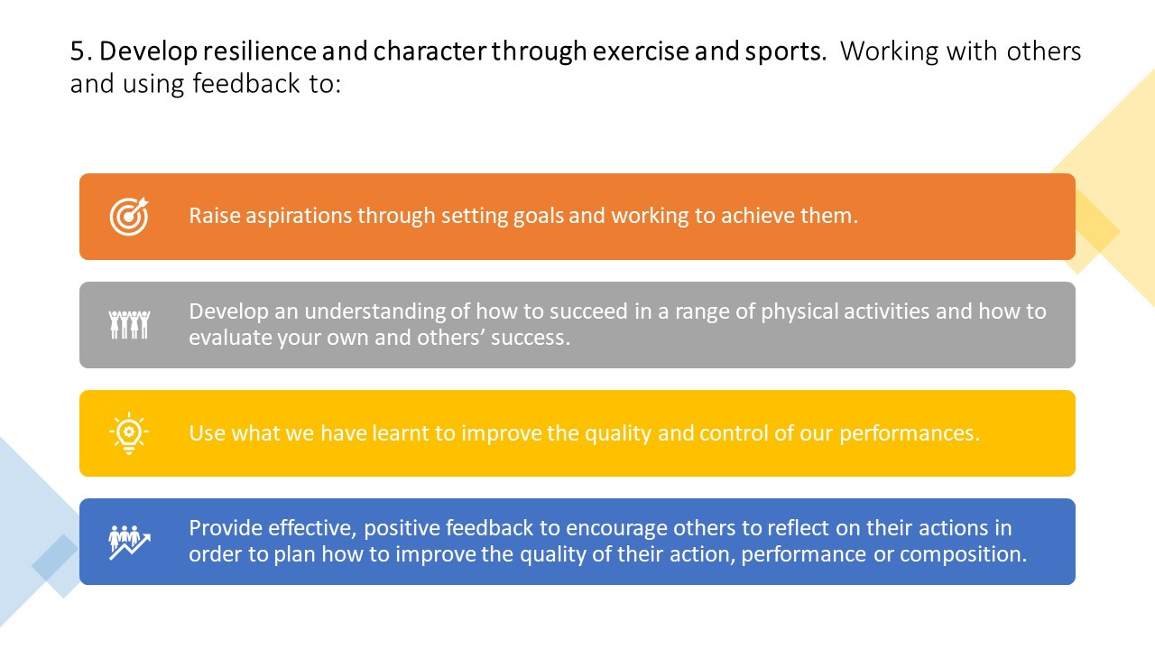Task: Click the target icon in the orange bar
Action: (x=129, y=216)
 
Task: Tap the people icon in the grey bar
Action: (x=129, y=324)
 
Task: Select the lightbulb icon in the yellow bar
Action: (x=129, y=433)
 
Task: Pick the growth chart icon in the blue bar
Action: (x=129, y=543)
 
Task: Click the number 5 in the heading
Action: (x=78, y=51)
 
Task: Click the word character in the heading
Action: (x=429, y=51)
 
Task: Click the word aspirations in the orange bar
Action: (x=299, y=216)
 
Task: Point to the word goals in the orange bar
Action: (x=539, y=216)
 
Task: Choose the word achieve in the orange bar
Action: (x=757, y=216)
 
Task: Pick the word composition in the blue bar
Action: (x=963, y=555)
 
